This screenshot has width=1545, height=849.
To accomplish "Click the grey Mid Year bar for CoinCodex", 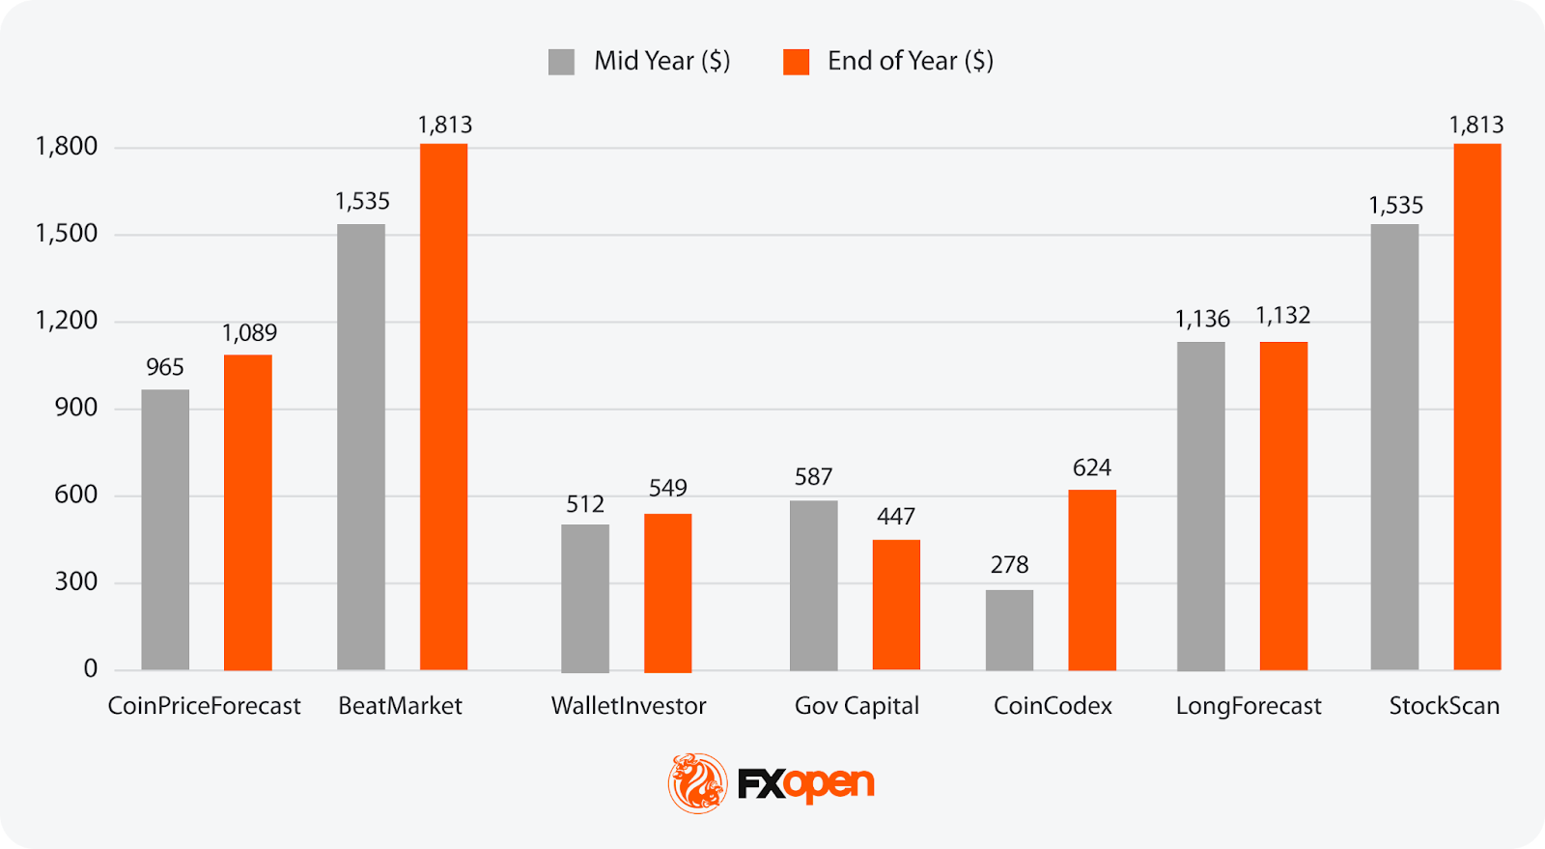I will [1009, 630].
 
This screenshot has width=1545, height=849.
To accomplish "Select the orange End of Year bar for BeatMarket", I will [443, 407].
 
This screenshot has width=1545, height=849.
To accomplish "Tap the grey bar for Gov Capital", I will [813, 585].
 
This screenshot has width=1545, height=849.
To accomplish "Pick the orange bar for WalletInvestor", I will [667, 592].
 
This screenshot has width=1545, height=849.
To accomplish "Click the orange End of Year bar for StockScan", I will [1476, 407].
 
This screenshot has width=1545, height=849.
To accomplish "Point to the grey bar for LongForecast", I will [1200, 505].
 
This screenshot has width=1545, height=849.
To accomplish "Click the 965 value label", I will [165, 367].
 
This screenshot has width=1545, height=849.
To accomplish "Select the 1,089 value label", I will [249, 333].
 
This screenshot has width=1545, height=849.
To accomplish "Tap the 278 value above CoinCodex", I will [1009, 565].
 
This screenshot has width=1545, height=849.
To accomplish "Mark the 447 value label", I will [896, 517].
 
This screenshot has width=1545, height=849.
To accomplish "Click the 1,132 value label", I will [1282, 316].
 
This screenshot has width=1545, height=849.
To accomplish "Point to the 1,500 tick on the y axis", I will [67, 234].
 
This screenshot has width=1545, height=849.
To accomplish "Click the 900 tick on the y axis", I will [75, 408].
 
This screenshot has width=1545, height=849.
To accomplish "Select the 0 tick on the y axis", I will [91, 668].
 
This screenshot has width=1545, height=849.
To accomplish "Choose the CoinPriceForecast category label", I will [204, 706].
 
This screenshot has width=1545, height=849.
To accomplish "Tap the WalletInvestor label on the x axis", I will [629, 706].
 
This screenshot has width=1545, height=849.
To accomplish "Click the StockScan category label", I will [1444, 706].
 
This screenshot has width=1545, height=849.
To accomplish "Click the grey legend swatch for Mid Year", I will [561, 62].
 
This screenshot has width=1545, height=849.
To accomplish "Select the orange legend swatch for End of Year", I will [796, 62].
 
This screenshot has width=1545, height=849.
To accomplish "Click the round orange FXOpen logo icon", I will [697, 783].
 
